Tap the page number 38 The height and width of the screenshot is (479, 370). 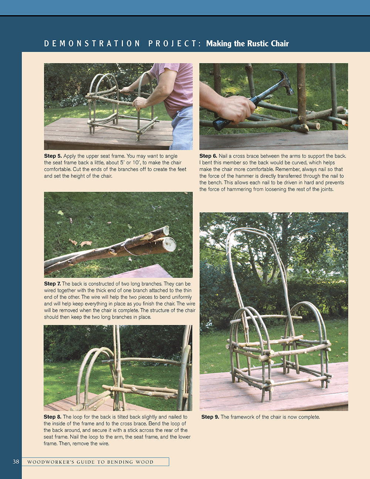(x=16, y=462)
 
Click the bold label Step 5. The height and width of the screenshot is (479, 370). (x=53, y=156)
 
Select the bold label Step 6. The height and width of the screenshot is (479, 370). (x=208, y=156)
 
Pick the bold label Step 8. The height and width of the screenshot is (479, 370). (x=52, y=417)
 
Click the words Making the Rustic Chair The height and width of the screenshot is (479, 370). (x=247, y=44)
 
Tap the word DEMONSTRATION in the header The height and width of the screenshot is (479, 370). (x=92, y=44)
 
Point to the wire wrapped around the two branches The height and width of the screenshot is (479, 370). (x=128, y=247)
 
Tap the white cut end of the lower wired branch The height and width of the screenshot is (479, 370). (x=169, y=245)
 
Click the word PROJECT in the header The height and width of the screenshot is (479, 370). (x=174, y=44)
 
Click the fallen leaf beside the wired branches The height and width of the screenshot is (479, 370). (x=85, y=244)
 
